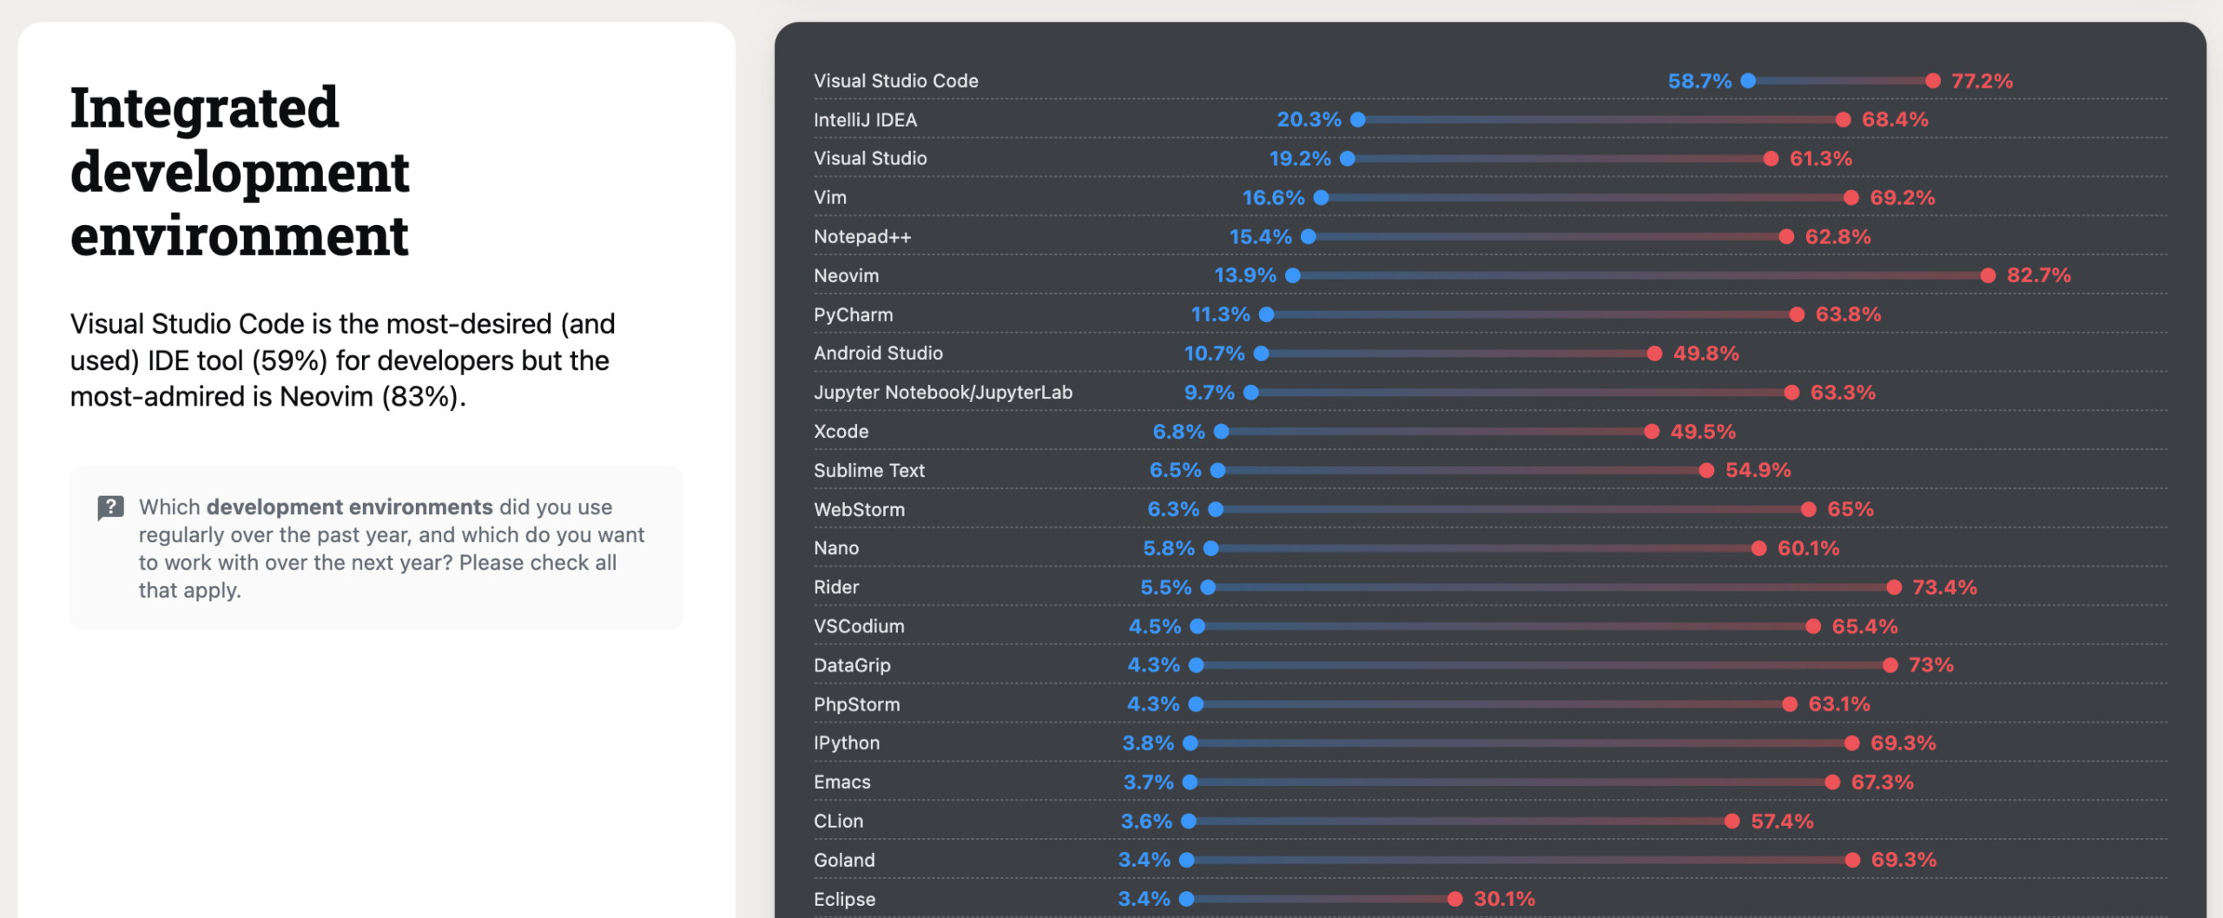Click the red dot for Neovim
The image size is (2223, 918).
[x=1988, y=275]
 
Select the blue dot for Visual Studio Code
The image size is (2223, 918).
[x=1748, y=81]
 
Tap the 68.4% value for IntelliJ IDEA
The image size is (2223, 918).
[x=1895, y=120]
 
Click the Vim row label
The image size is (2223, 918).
[x=830, y=197]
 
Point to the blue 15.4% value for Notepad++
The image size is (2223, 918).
[x=1260, y=236]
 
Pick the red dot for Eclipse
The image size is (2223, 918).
[x=1455, y=899]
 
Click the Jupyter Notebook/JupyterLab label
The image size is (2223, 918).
[x=943, y=392]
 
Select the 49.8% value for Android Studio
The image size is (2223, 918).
[x=1705, y=353]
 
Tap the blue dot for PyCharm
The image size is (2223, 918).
[x=1267, y=314]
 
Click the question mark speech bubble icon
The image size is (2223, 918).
[x=110, y=507]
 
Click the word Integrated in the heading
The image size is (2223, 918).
[x=204, y=108]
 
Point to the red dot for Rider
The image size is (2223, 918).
[x=1894, y=587]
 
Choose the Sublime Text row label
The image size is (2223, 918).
[x=869, y=470]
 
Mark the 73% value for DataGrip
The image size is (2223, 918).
[x=1930, y=665]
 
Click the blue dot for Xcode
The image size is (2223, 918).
[x=1221, y=432]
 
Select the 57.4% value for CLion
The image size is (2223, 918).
[x=1782, y=821]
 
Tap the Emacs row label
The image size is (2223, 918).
[x=841, y=782]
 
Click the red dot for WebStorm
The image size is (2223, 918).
[x=1808, y=509]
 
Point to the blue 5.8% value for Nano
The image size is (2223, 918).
[x=1168, y=548]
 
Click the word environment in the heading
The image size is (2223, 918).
[x=239, y=236]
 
